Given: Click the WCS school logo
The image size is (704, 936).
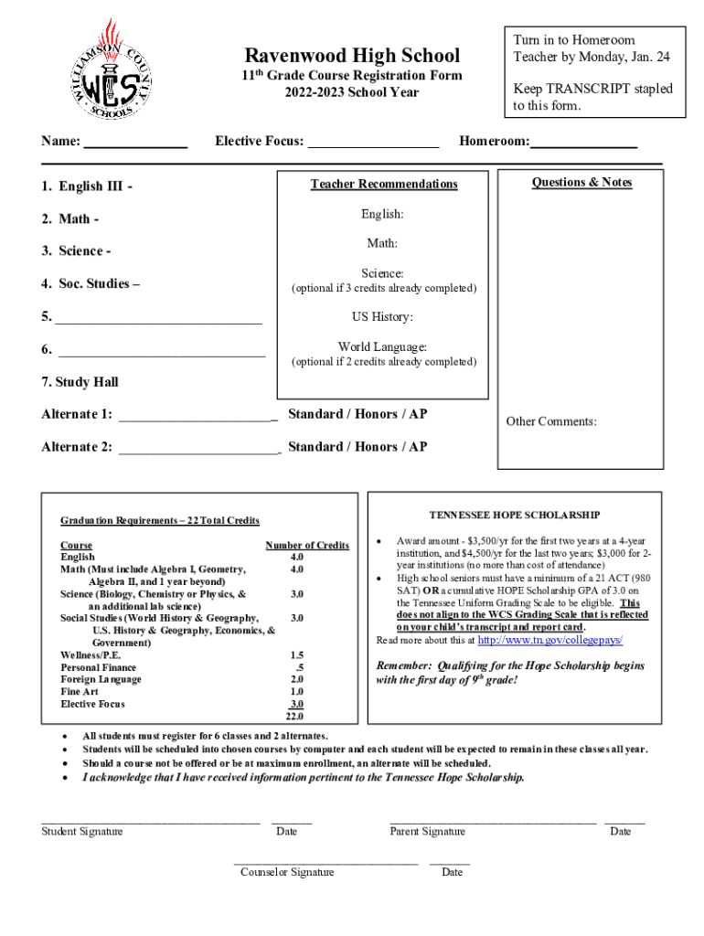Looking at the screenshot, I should click(112, 69).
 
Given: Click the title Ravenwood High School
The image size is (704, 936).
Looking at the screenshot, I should click(352, 56).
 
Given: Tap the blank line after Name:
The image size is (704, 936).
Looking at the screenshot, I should click(136, 145).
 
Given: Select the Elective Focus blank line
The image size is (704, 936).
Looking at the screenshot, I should click(373, 145).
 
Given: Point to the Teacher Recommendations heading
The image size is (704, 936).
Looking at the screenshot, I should click(383, 185).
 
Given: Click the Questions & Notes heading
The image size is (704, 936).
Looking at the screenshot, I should click(581, 183).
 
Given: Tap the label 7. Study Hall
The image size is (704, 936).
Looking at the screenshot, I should click(80, 382).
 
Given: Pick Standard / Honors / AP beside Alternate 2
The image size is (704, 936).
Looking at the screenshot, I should click(357, 447).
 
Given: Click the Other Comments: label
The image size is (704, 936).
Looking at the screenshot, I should click(551, 421).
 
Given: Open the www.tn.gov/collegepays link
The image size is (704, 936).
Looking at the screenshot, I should click(550, 641).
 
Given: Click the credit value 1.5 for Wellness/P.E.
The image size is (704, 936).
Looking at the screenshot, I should click(296, 655).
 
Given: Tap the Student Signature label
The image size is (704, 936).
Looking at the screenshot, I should click(82, 831).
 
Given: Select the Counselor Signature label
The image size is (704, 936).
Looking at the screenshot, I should click(287, 872).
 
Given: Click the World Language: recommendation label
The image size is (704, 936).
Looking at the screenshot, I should click(382, 346).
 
